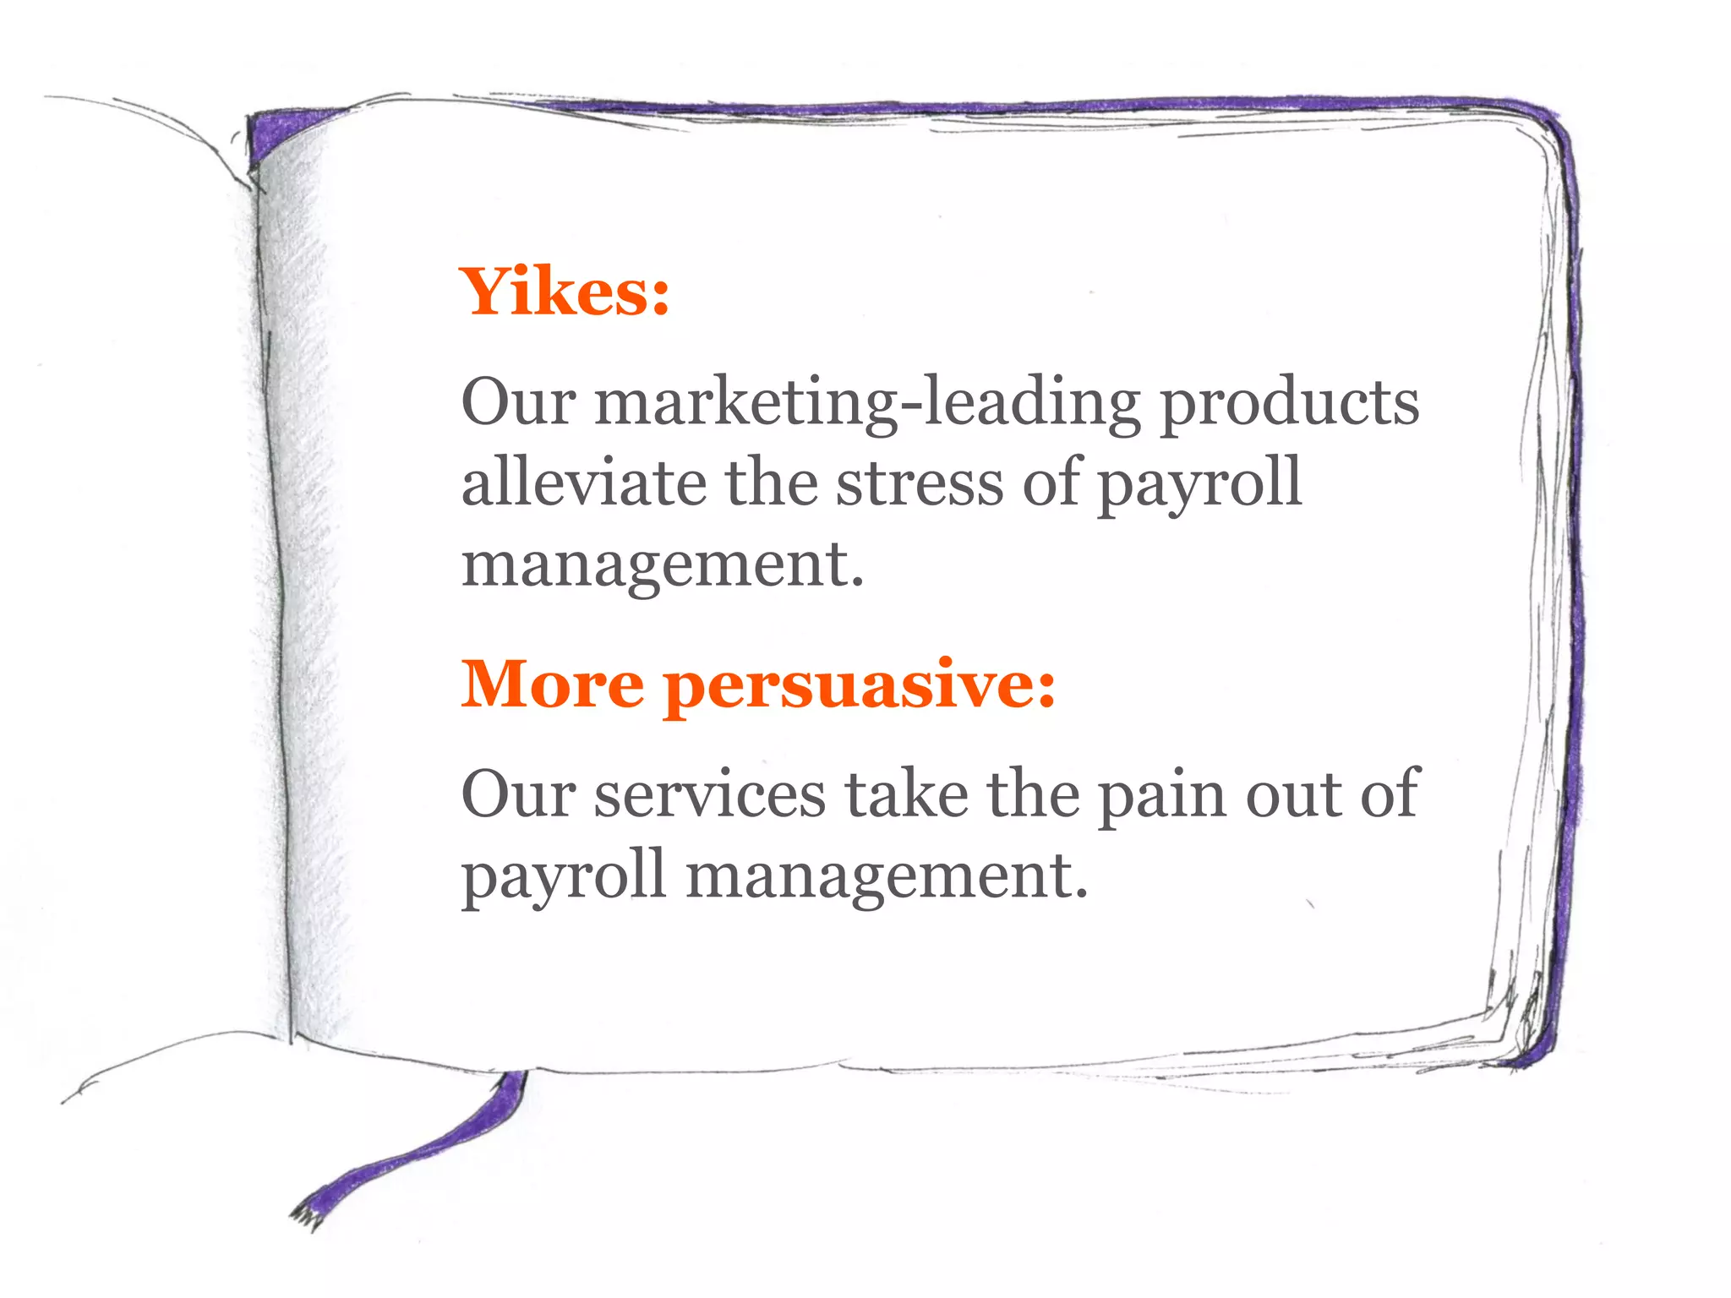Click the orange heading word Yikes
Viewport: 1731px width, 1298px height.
tap(564, 292)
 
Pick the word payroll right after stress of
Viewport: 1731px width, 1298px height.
tap(1199, 484)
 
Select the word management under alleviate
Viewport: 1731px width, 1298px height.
tap(663, 564)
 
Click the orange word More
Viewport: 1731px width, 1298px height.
tap(552, 684)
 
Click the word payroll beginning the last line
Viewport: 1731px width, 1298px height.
tap(564, 877)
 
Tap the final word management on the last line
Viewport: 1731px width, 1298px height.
tap(887, 877)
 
